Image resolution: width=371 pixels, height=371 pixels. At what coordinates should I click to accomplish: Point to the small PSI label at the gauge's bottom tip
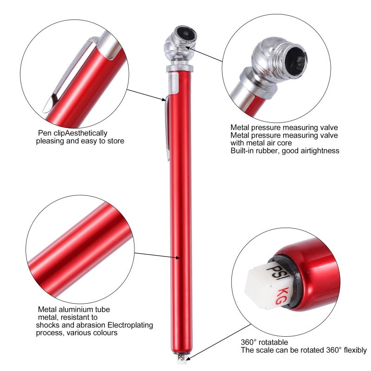coord(181,358)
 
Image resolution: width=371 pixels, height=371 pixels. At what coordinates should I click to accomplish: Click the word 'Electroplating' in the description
coord(130,325)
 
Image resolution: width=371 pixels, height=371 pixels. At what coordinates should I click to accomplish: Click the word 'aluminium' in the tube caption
coord(76,309)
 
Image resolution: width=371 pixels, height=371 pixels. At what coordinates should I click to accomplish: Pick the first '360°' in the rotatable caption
coord(249,342)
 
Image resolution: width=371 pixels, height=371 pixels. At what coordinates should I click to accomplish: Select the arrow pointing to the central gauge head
coord(204,54)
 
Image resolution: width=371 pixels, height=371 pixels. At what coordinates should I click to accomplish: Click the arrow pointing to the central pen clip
coord(146,95)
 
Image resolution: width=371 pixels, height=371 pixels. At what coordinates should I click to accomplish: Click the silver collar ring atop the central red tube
coord(179,69)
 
